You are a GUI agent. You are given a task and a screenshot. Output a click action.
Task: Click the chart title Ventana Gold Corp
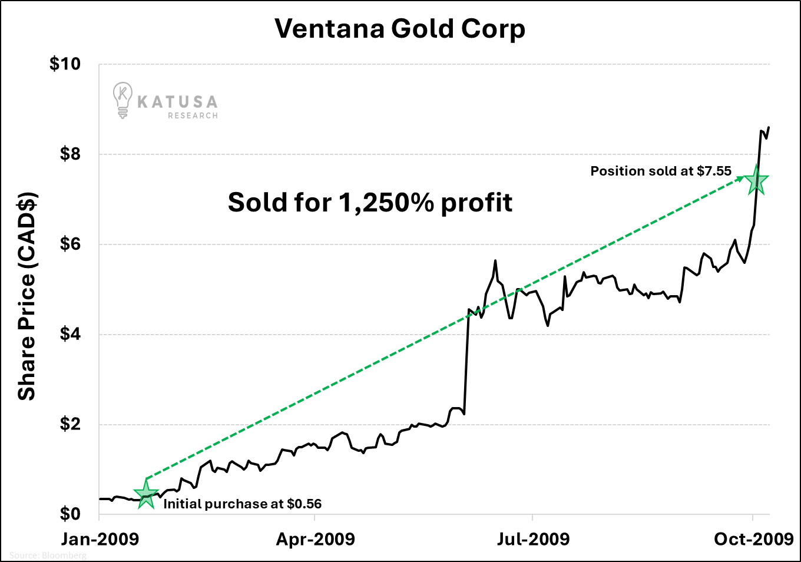tap(400, 29)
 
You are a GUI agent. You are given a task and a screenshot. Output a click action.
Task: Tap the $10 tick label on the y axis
tap(65, 64)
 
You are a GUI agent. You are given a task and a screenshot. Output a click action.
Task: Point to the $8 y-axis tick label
tap(70, 154)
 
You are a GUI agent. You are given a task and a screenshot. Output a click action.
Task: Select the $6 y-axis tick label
tap(70, 244)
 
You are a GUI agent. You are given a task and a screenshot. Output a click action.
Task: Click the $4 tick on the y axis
tap(70, 335)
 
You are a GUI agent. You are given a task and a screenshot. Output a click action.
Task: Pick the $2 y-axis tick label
tap(70, 425)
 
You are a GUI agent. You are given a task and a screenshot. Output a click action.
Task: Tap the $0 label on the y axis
tap(70, 514)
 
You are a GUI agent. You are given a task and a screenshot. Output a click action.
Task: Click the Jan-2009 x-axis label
tap(100, 539)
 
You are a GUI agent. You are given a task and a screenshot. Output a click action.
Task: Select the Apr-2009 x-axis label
tap(316, 539)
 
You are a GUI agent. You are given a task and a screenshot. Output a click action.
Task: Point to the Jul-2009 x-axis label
tap(533, 539)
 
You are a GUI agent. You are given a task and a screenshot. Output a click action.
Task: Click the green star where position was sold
tap(756, 181)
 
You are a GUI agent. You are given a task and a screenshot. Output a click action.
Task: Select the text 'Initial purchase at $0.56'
tap(242, 504)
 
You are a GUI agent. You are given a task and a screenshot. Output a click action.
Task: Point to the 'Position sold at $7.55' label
tap(661, 171)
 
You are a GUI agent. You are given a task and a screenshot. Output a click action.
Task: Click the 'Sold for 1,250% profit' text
tap(370, 203)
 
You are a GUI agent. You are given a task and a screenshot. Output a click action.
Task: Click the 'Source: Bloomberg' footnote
tap(48, 556)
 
